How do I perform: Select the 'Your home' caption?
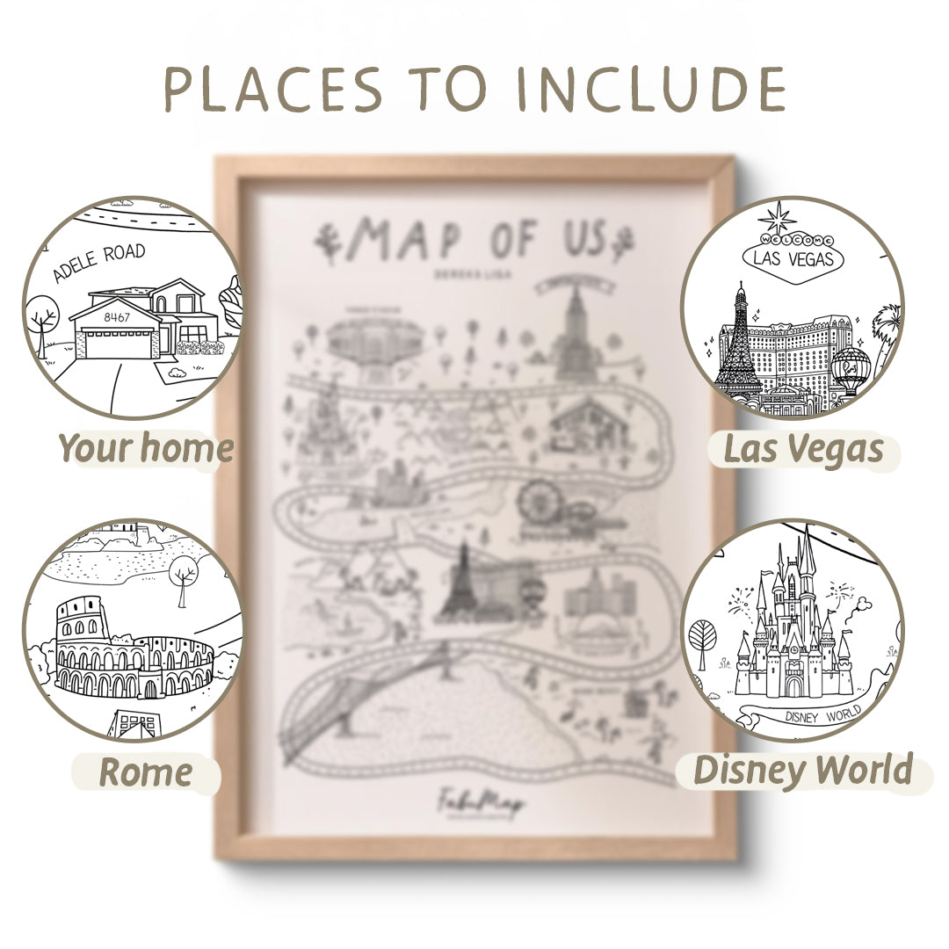[146, 448]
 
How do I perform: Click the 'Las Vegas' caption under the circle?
[802, 448]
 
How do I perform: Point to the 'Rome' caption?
[145, 772]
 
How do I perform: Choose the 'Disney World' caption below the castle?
[802, 770]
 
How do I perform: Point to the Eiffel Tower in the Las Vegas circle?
[738, 343]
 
